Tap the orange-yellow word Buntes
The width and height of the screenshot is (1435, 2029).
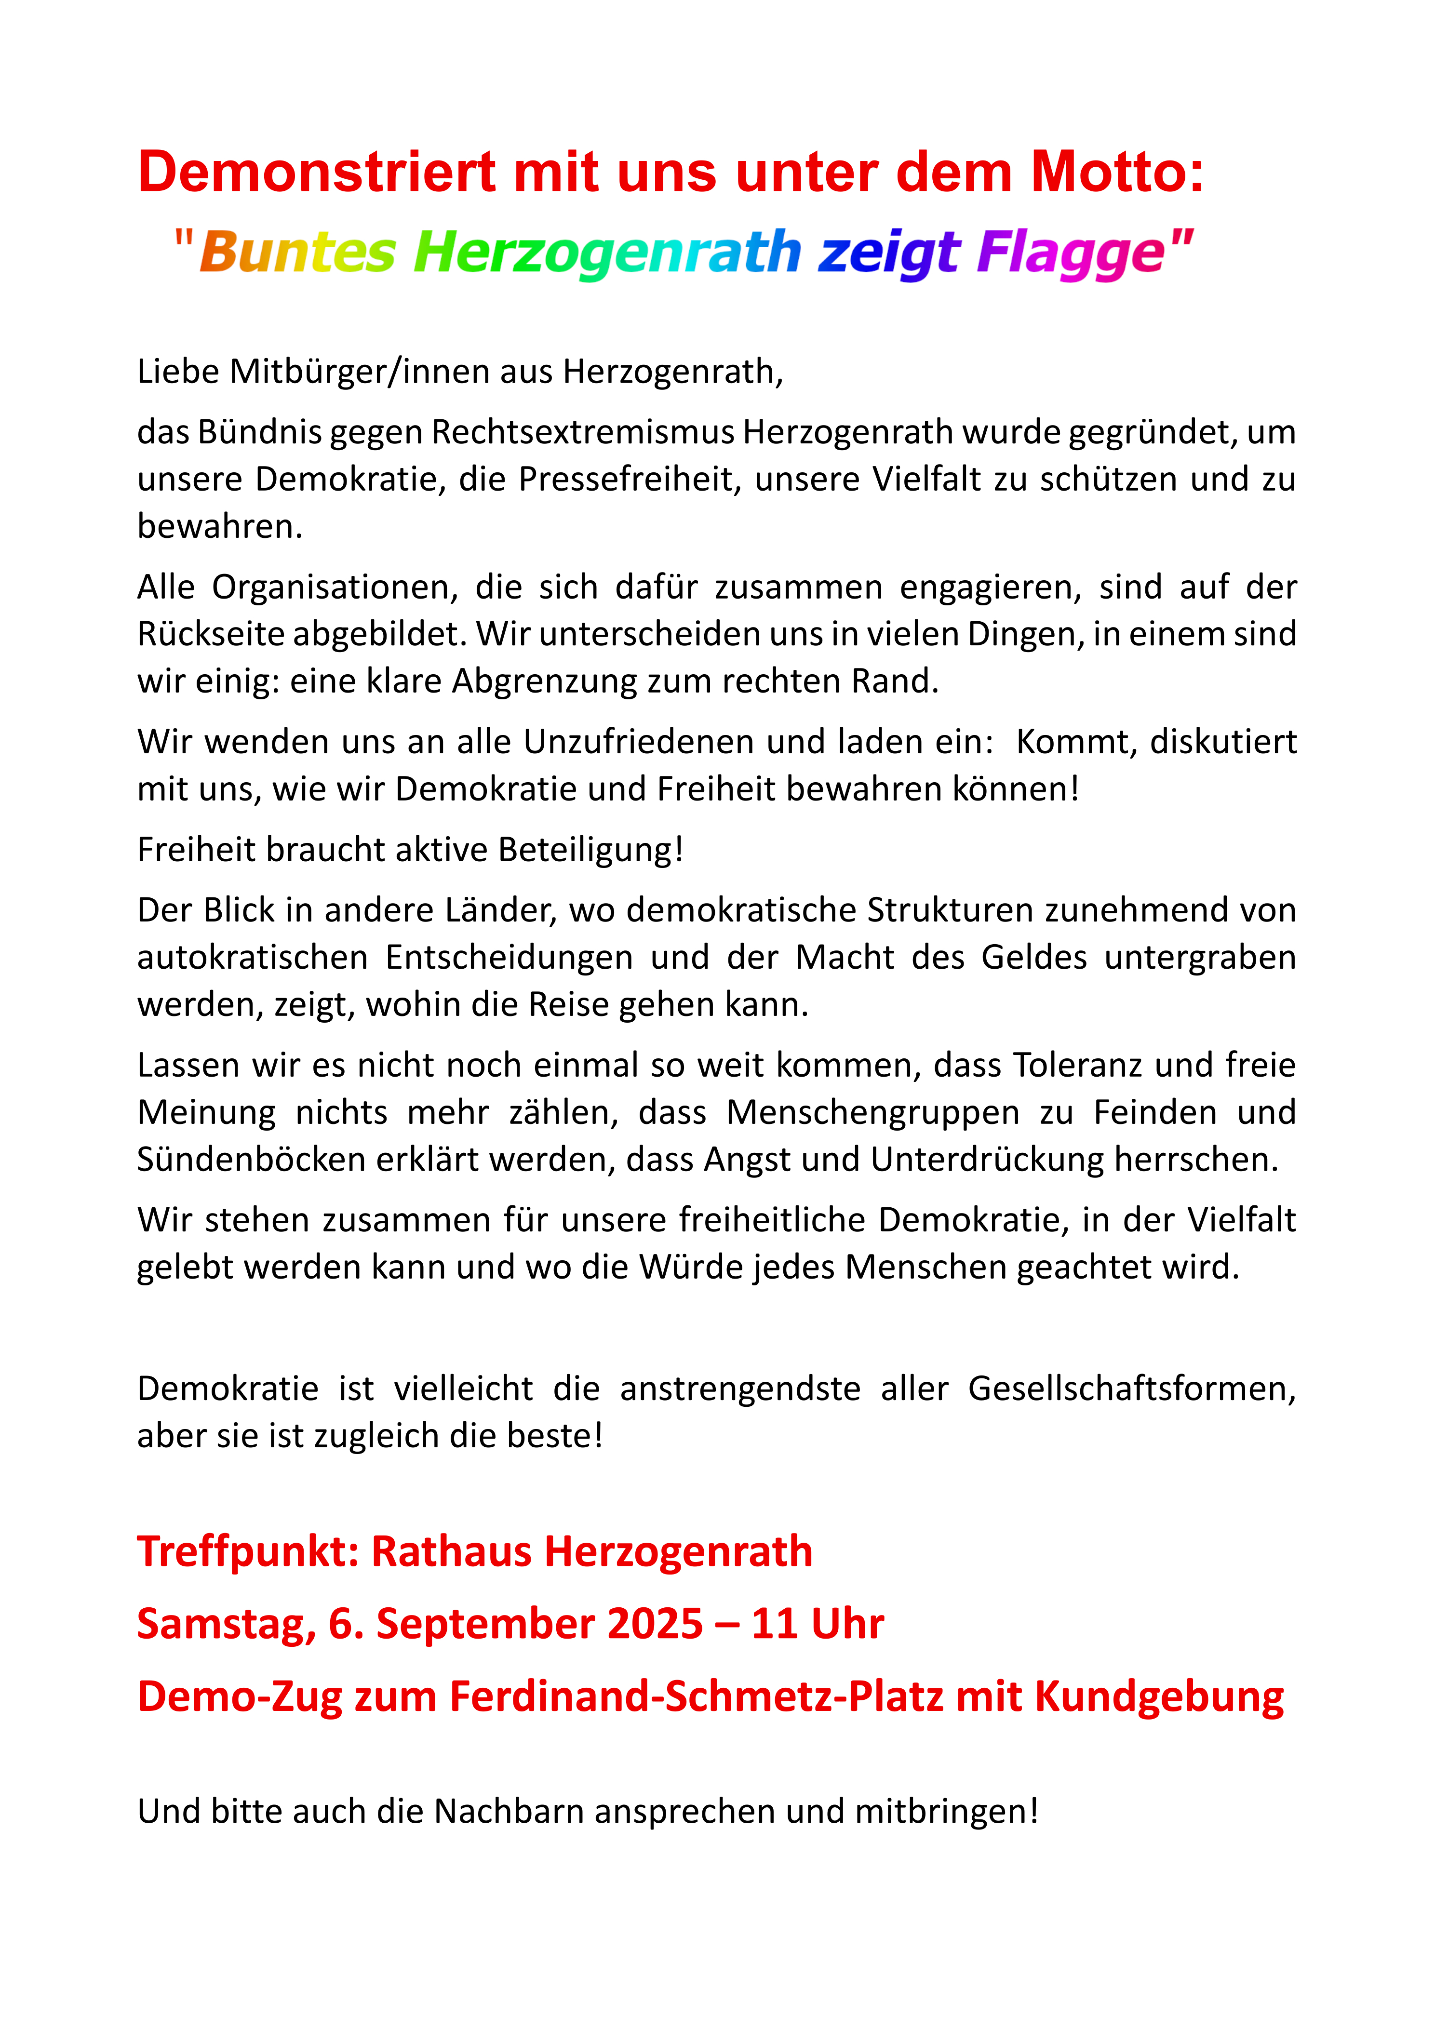tap(298, 253)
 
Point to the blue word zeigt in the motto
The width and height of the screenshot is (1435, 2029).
tap(888, 253)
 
